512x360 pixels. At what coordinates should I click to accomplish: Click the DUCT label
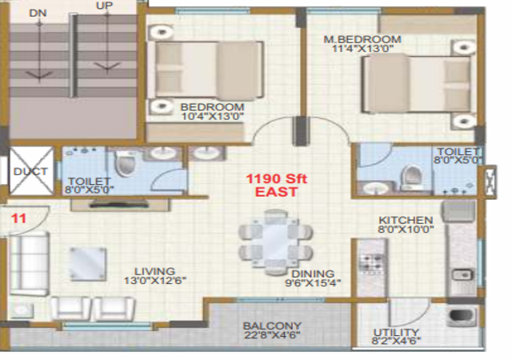(x=30, y=171)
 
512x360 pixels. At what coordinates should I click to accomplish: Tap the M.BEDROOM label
(x=362, y=39)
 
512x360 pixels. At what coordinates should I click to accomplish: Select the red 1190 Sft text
(x=276, y=178)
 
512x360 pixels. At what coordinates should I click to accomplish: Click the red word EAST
(x=276, y=192)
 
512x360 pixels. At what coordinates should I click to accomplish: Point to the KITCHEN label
(x=406, y=220)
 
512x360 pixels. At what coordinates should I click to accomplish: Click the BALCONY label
(x=272, y=326)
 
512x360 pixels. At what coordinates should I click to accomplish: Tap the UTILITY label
(x=396, y=332)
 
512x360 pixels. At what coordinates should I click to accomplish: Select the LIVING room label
(x=154, y=271)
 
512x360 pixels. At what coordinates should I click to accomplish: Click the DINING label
(x=313, y=274)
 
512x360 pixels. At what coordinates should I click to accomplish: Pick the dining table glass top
(x=275, y=242)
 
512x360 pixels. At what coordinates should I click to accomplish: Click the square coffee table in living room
(x=88, y=264)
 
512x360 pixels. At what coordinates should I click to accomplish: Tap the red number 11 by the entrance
(x=18, y=218)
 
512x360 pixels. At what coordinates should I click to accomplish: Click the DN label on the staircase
(x=38, y=13)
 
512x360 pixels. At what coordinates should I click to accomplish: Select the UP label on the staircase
(x=105, y=6)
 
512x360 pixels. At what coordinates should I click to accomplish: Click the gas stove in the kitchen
(x=372, y=263)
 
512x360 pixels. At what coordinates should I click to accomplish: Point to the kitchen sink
(x=462, y=274)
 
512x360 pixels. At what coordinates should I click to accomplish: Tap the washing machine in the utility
(x=462, y=316)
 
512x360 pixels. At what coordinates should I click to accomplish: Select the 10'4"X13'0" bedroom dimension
(x=213, y=116)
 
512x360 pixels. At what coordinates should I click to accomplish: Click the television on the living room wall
(x=119, y=205)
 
